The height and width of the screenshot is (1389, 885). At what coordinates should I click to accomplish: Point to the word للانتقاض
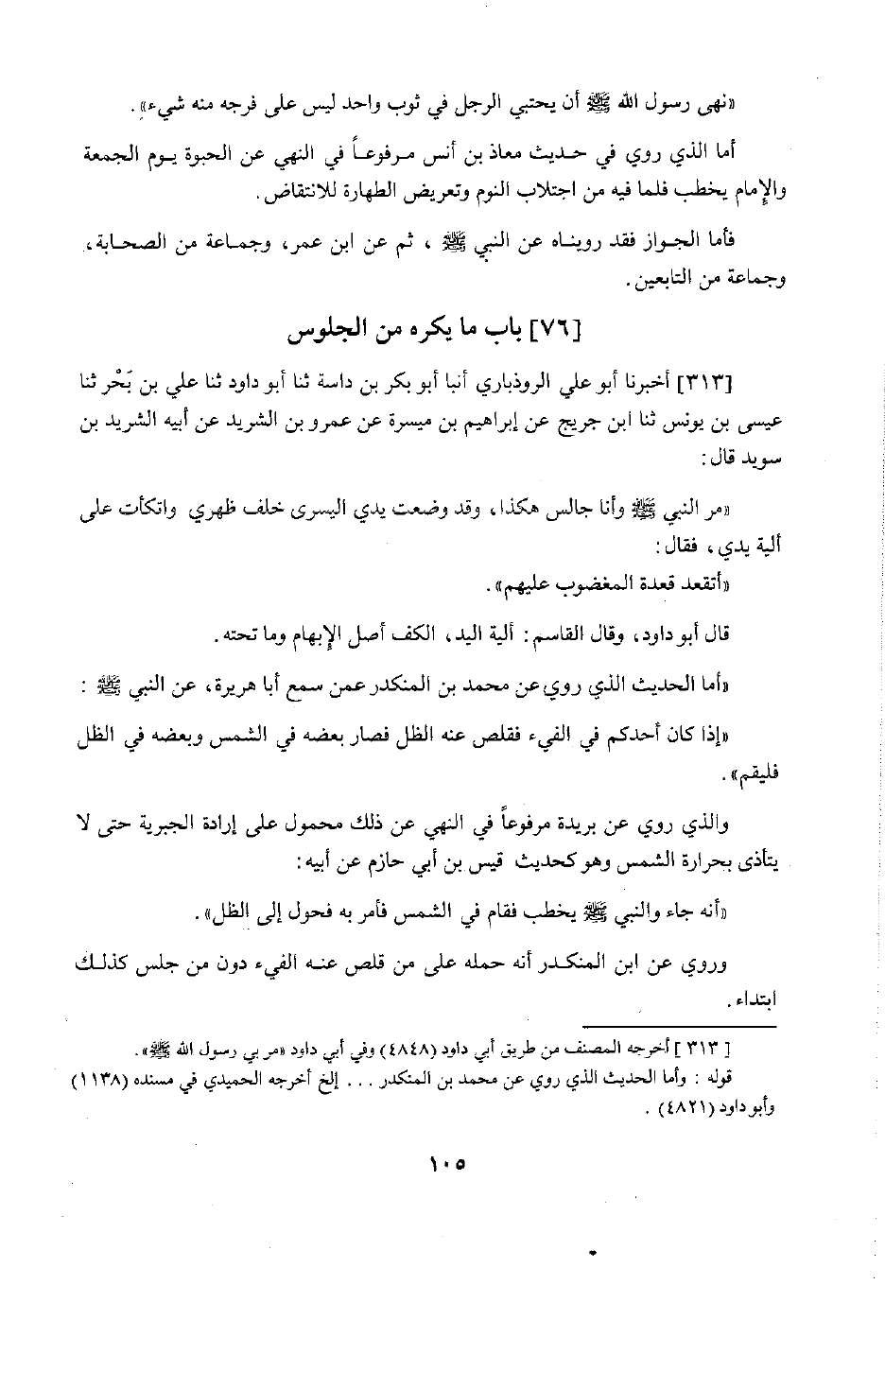tap(295, 200)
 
